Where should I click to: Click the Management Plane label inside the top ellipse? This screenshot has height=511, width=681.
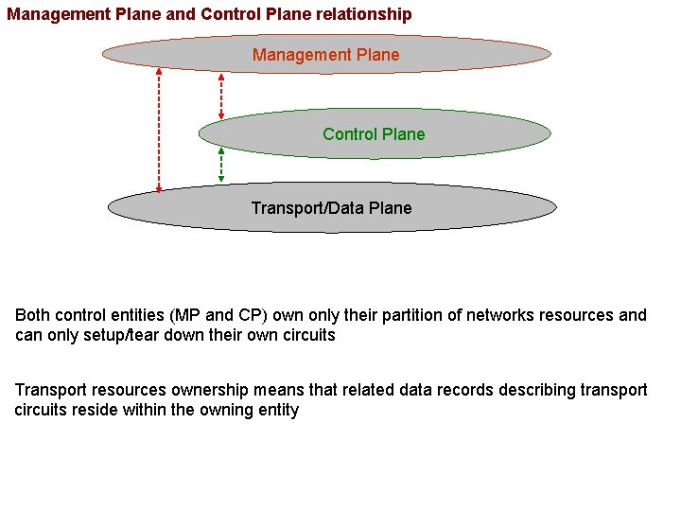click(325, 55)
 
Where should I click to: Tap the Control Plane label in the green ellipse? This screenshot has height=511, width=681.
click(374, 134)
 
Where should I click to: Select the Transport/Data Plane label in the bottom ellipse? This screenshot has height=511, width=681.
click(331, 208)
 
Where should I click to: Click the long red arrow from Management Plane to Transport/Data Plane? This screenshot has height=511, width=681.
click(159, 128)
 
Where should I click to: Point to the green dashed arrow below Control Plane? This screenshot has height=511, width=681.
click(221, 164)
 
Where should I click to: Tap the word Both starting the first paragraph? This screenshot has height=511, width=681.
click(33, 315)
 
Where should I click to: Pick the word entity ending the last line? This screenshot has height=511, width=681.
click(276, 410)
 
